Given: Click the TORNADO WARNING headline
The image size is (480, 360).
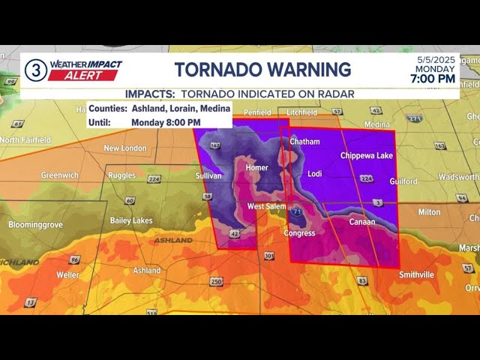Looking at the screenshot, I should click(x=262, y=70).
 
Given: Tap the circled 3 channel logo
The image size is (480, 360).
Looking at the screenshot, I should click(x=35, y=71).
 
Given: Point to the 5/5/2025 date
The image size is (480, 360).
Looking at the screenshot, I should click(x=436, y=58).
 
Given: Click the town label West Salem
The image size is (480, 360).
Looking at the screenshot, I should click(x=266, y=206).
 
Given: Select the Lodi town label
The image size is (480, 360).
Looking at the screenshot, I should click(x=315, y=174).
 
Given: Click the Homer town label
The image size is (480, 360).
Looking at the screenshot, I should click(x=256, y=168).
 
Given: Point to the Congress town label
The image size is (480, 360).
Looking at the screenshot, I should click(x=299, y=233).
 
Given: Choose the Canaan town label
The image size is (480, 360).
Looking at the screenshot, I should click(x=362, y=222).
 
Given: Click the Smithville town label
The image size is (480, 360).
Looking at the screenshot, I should click(x=416, y=274).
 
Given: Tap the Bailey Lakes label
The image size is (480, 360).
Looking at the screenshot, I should click(x=131, y=220).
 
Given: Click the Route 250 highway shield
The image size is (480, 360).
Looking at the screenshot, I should click(x=216, y=281).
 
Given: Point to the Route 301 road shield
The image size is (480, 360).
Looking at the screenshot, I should click(x=268, y=256).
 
